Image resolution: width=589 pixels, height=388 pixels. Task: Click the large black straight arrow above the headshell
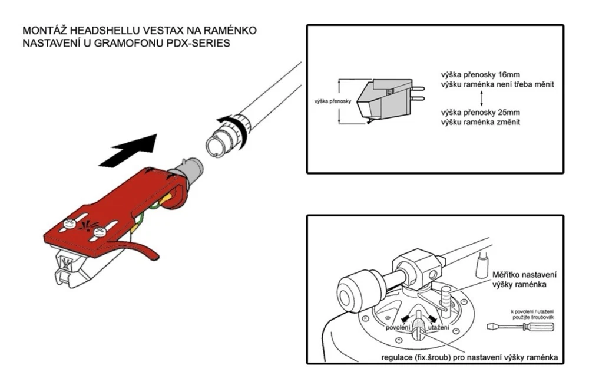click(130, 150)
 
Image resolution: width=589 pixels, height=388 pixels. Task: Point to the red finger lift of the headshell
click(137, 248)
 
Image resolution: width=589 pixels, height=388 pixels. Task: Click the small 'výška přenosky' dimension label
click(333, 101)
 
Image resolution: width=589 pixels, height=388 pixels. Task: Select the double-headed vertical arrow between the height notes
click(482, 98)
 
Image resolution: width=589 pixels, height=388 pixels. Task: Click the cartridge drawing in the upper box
click(389, 100)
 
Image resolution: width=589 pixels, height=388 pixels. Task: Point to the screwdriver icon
click(520, 326)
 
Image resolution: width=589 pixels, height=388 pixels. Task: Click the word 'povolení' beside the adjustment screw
click(398, 328)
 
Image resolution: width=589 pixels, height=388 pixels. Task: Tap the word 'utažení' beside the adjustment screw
click(438, 328)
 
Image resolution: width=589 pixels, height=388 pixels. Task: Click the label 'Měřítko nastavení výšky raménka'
click(524, 280)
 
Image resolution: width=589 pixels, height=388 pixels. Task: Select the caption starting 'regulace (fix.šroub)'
click(469, 357)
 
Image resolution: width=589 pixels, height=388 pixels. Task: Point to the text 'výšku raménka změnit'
click(481, 122)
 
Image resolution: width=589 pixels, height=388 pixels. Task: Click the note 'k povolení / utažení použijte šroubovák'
click(532, 314)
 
